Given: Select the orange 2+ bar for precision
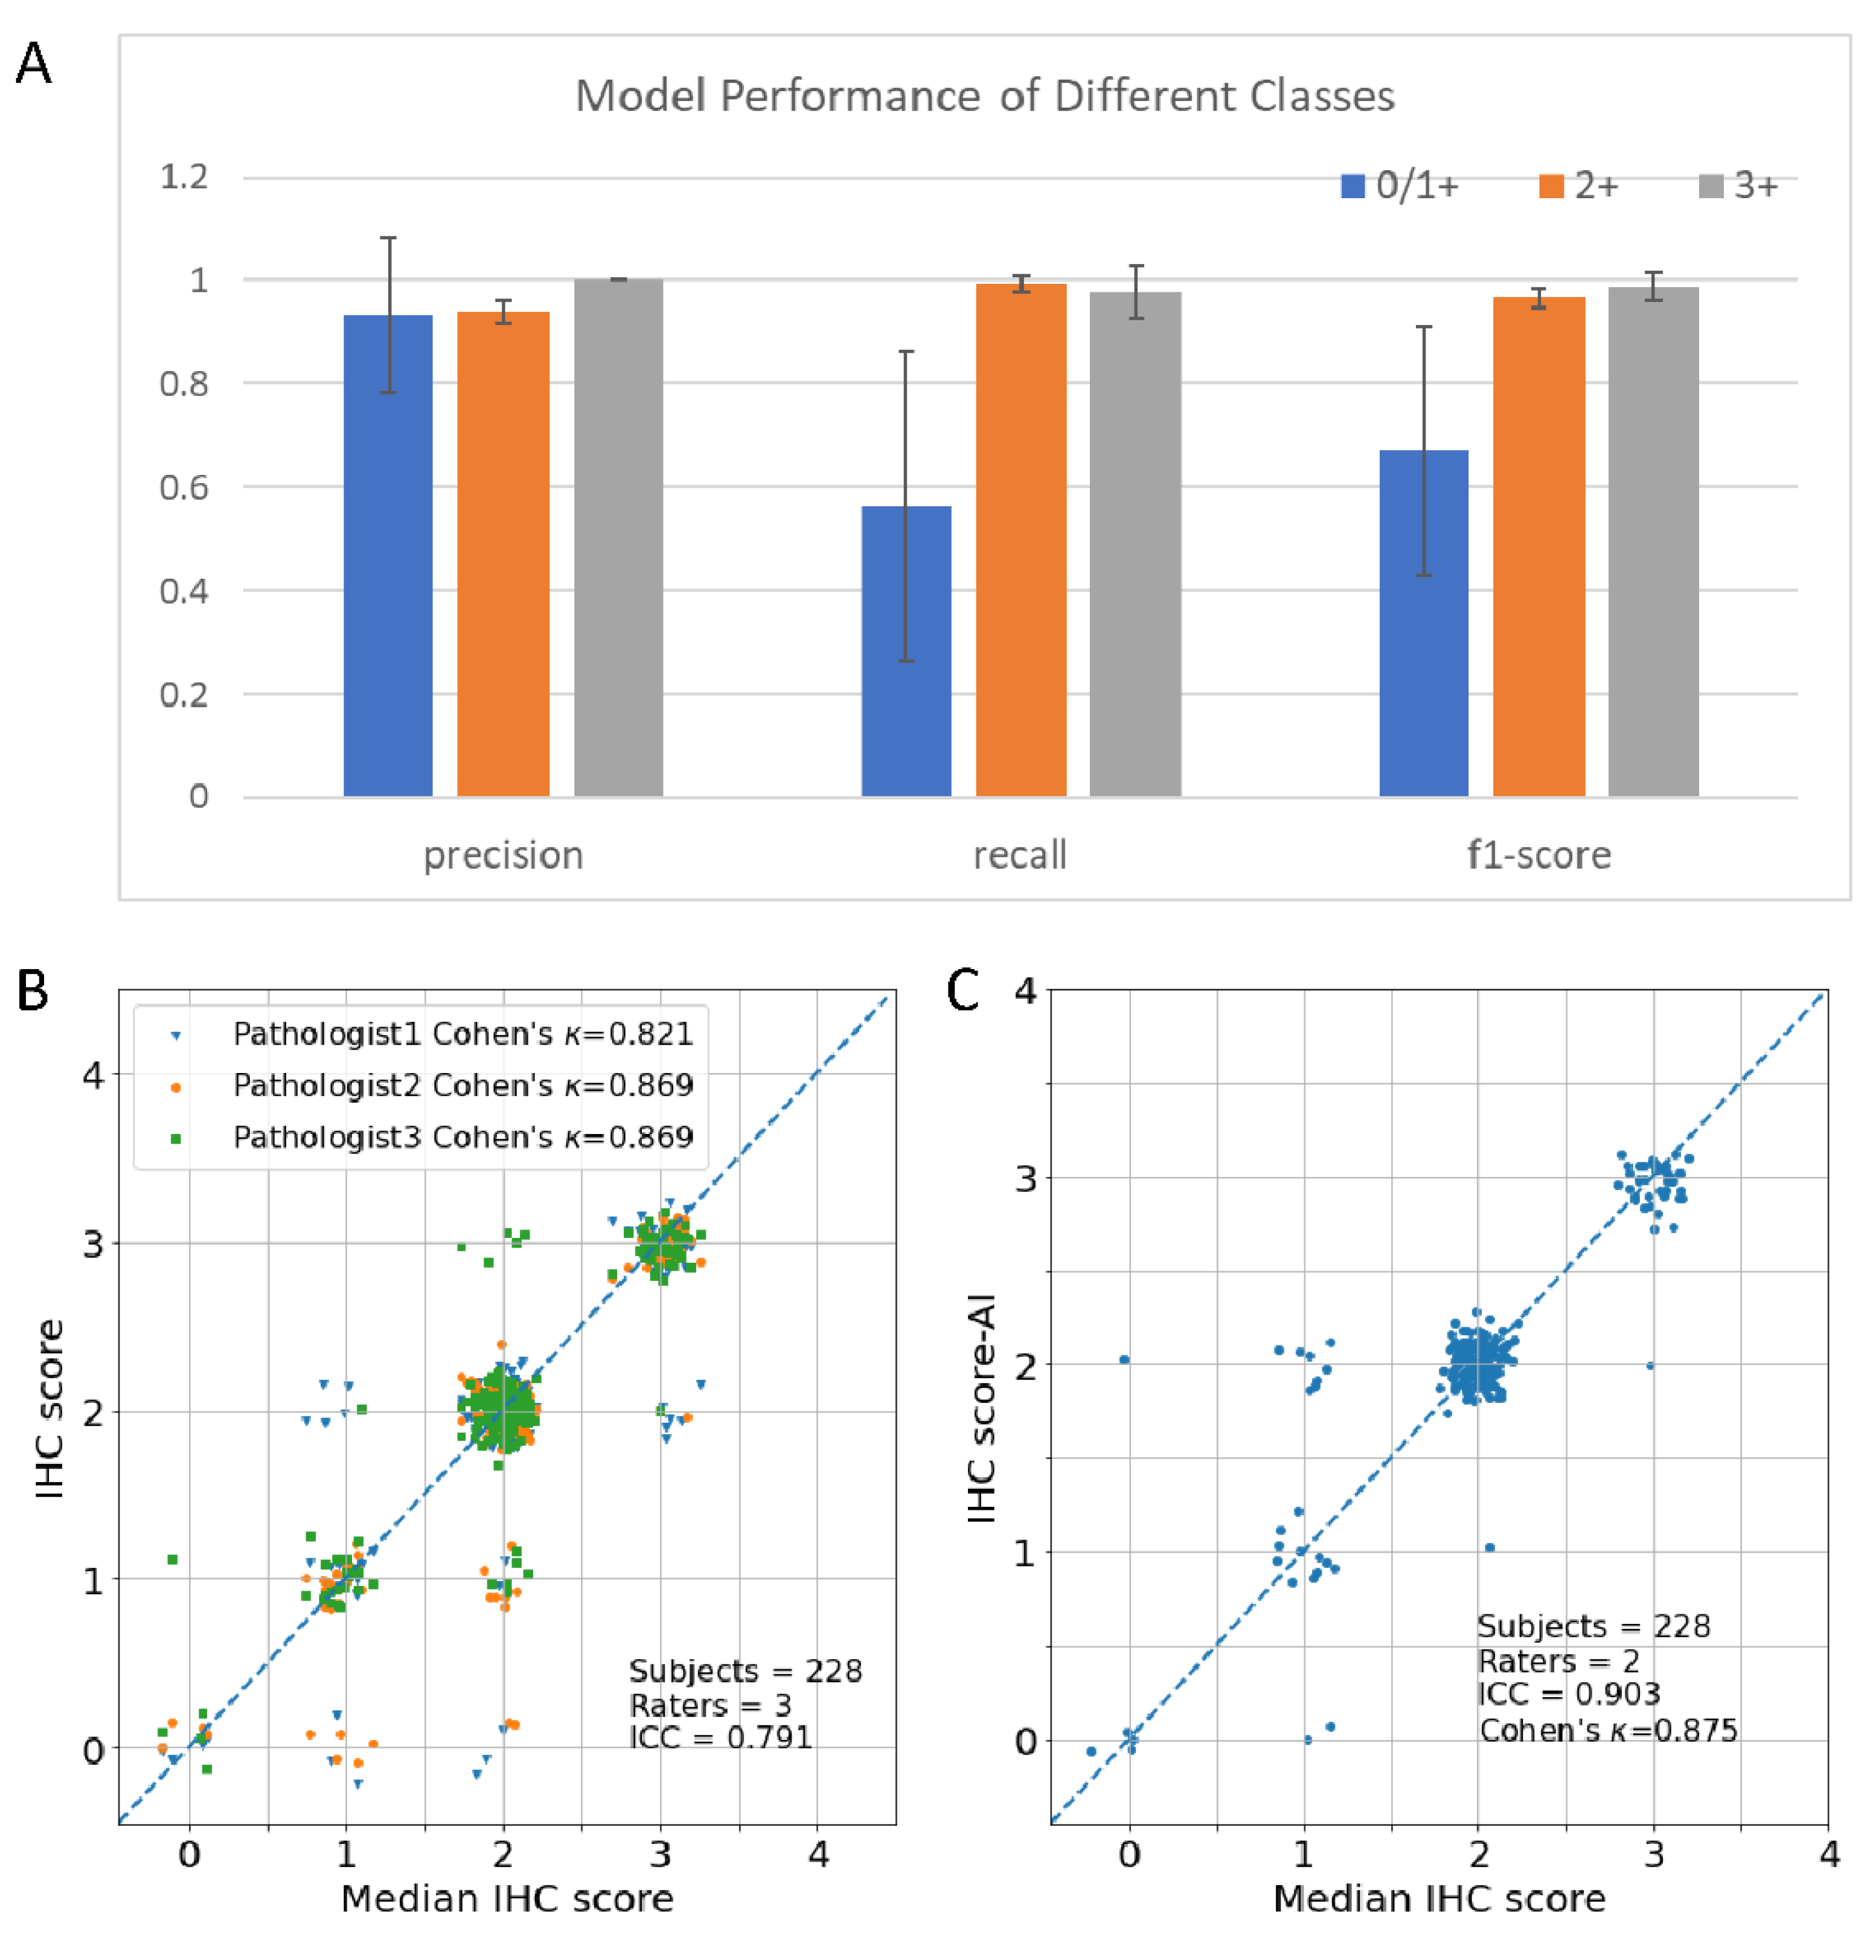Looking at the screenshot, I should pos(502,553).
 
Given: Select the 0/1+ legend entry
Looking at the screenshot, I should pos(1400,185).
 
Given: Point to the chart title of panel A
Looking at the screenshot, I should pos(984,96).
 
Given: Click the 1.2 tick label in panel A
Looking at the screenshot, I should pos(184,177).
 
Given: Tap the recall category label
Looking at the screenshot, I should pos(1019,855).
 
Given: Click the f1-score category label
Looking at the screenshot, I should pos(1539,855).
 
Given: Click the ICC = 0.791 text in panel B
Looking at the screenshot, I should pos(720,1737).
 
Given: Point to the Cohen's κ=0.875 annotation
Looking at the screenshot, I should pos(1608,1730).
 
